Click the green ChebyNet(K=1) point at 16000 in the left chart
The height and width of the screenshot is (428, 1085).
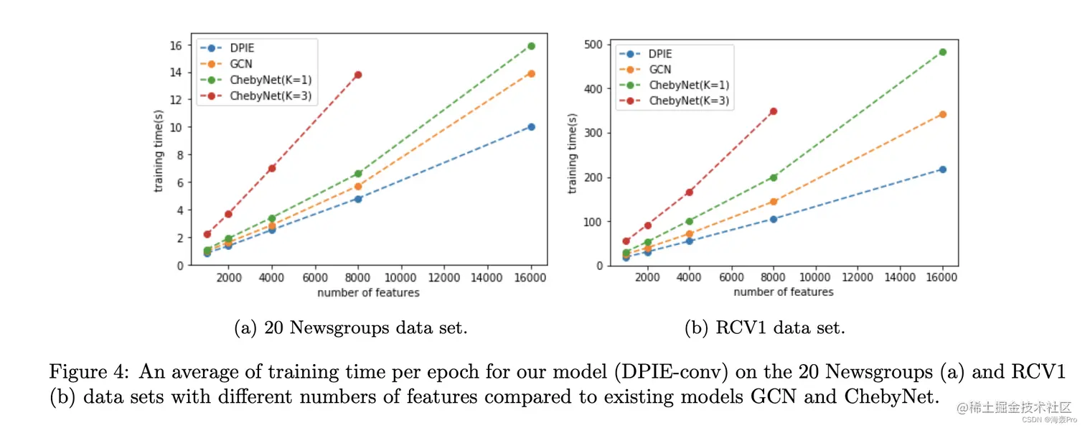(x=531, y=46)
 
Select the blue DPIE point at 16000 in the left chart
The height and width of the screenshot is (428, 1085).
(x=531, y=127)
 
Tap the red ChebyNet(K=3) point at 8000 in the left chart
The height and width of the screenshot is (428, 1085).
(x=358, y=75)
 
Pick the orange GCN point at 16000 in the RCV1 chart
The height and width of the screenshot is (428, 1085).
(x=942, y=114)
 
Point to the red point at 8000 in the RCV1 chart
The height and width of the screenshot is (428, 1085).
(x=773, y=111)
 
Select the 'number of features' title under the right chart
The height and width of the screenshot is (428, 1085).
(x=783, y=292)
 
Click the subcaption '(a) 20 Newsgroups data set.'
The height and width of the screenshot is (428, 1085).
(x=351, y=328)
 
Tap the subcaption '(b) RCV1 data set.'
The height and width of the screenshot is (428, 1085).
(x=764, y=328)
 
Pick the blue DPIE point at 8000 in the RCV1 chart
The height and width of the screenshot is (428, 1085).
(x=773, y=219)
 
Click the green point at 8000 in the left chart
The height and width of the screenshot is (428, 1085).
(x=358, y=174)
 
